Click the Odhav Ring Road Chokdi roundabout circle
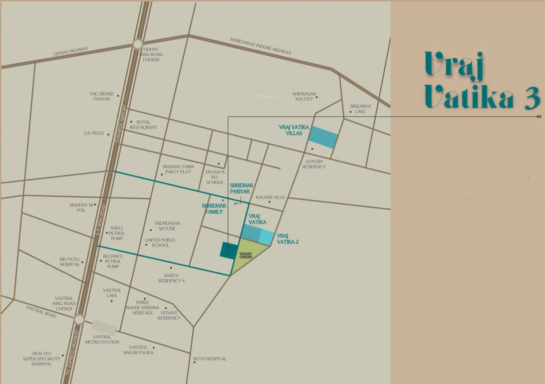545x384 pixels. click(138, 44)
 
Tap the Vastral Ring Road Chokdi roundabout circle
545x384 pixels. click(79, 319)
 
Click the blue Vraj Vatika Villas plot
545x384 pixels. click(323, 137)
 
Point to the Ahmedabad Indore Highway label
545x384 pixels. click(260, 46)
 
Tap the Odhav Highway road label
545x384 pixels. click(71, 51)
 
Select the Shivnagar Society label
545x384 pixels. click(303, 96)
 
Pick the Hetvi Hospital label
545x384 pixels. click(210, 358)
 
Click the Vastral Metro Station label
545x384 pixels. click(106, 339)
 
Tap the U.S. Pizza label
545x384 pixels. click(94, 133)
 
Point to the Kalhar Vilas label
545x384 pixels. click(271, 197)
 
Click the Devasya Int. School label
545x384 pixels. click(215, 177)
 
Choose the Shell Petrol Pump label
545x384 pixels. click(117, 233)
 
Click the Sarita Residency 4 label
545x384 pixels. click(171, 278)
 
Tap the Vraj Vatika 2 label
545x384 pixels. click(287, 238)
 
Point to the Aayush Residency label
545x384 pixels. click(314, 164)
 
